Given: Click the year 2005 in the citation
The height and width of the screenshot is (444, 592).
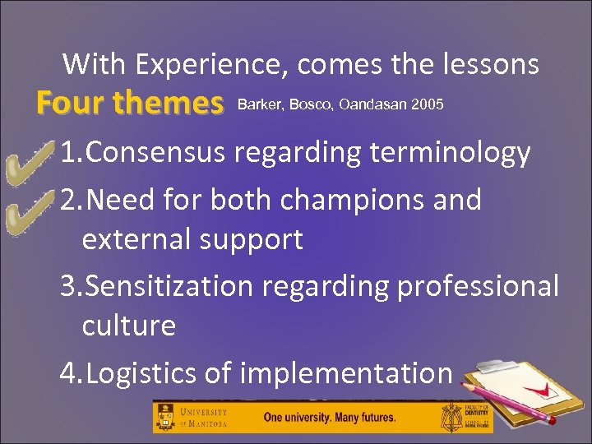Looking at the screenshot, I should point(428,104).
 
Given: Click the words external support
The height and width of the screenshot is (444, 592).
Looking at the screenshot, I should point(192,239).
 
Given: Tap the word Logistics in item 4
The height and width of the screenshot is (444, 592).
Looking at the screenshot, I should point(142,373).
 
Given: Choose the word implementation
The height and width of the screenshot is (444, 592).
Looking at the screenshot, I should point(346,373).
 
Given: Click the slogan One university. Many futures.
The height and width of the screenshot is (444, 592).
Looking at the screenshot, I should point(329,417).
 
